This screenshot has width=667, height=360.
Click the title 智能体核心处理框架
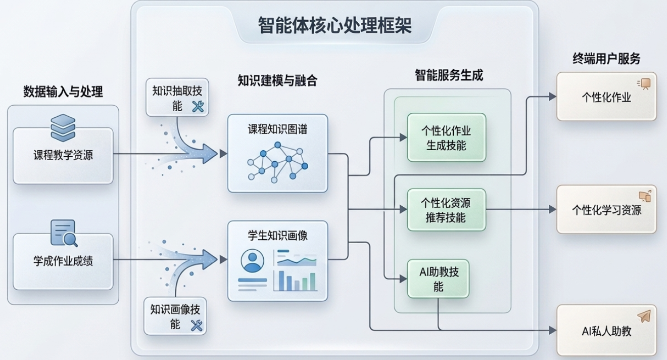(335, 25)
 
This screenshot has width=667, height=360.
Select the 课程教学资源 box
(63, 155)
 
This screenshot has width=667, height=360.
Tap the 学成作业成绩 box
(63, 261)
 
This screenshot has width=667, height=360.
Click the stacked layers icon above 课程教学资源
(63, 127)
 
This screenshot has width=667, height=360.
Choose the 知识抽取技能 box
(177, 97)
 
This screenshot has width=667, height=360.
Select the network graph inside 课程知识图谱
(277, 161)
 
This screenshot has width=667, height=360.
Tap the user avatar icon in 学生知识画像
(252, 261)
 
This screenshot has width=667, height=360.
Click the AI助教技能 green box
(438, 279)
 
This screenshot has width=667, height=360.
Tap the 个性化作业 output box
(606, 97)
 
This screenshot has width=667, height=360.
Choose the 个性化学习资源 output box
(606, 209)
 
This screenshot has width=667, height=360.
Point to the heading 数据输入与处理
(63, 92)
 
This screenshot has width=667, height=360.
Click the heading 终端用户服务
(606, 59)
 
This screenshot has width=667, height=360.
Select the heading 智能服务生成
(449, 75)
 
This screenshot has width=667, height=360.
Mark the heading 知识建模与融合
(277, 80)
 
